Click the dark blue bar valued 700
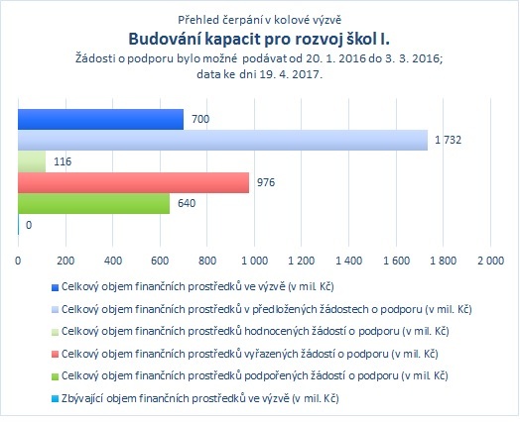(x=101, y=119)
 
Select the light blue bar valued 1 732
(x=223, y=140)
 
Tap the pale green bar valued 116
(x=32, y=161)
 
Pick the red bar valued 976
(x=134, y=182)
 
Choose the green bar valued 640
(x=94, y=203)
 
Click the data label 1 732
(x=448, y=140)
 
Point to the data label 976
(x=266, y=182)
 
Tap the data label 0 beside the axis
(x=29, y=225)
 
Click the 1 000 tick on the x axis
(x=254, y=261)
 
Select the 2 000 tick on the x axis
(x=490, y=261)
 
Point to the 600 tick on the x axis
(x=160, y=261)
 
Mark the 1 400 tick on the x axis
(x=349, y=261)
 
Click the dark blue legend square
(x=55, y=287)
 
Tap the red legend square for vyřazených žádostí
(x=55, y=355)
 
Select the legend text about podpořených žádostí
(x=255, y=376)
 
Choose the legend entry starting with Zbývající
(x=200, y=398)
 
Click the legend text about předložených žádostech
(x=267, y=309)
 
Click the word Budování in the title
(x=164, y=39)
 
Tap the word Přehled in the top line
(x=194, y=20)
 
